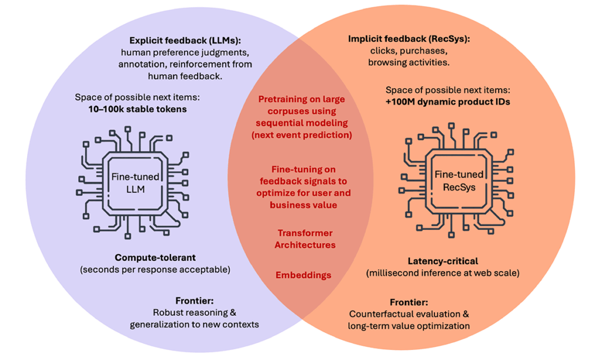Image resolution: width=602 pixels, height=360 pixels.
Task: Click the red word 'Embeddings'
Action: pos(303,275)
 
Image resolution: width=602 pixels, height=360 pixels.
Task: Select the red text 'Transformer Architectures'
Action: pos(305,239)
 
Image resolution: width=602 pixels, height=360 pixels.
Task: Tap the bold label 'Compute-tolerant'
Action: pos(154,258)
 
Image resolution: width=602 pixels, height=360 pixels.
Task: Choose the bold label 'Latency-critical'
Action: pos(443,261)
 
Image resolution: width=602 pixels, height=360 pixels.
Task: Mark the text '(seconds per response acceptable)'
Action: pos(155,269)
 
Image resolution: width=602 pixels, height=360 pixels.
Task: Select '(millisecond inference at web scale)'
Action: pos(443,273)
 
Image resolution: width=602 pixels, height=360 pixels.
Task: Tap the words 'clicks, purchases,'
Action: pos(409,51)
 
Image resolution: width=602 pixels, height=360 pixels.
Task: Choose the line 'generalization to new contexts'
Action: pos(195,324)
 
